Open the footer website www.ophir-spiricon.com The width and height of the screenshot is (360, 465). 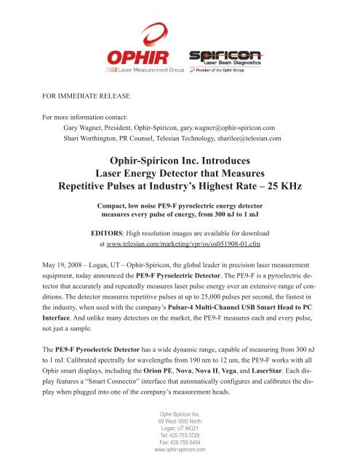(180, 450)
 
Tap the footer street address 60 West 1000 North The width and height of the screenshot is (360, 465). (180, 421)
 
